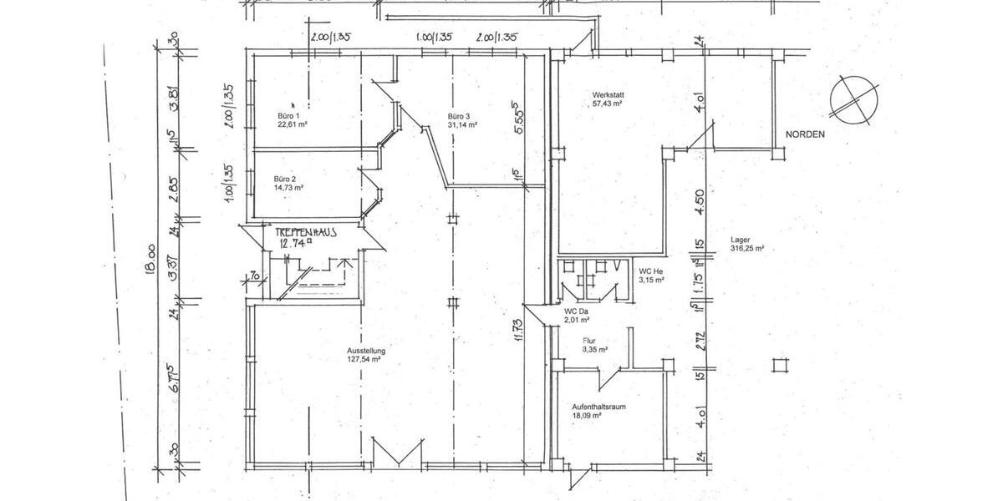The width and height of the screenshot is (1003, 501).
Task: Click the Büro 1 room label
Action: pos(288,115)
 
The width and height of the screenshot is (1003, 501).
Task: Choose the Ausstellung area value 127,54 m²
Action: pos(364,360)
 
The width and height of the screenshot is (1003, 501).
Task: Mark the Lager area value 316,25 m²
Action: pos(748,249)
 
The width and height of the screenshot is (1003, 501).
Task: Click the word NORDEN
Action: pos(805,134)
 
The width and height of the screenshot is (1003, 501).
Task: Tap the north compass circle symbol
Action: pos(853,99)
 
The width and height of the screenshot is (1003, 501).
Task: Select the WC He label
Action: pos(651,271)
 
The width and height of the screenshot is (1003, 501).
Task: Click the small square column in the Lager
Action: pos(780,364)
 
